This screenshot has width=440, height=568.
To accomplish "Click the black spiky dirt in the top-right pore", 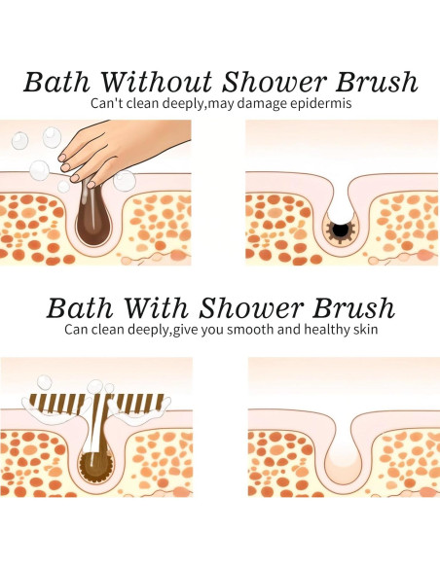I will pos(340,232).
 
